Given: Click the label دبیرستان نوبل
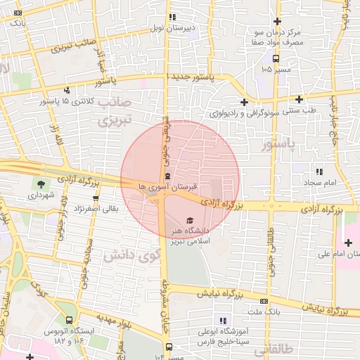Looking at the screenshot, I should (x=172, y=28).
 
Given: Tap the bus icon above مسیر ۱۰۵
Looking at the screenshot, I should (x=276, y=58).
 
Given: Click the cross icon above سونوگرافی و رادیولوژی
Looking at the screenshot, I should (x=243, y=101).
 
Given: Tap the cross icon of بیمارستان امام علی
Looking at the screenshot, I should (x=349, y=242).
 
